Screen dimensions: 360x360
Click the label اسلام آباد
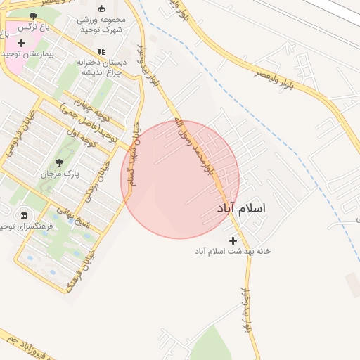click(243, 209)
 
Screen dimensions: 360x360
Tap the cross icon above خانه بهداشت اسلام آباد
click(233, 240)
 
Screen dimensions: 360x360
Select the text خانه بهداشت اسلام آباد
click(233, 251)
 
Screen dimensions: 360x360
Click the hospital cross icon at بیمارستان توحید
click(21, 43)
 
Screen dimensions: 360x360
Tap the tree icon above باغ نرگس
click(33, 16)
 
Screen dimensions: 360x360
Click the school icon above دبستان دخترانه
click(101, 51)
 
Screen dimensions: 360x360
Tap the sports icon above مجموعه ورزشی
click(101, 8)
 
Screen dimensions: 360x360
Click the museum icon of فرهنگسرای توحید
click(25, 214)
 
